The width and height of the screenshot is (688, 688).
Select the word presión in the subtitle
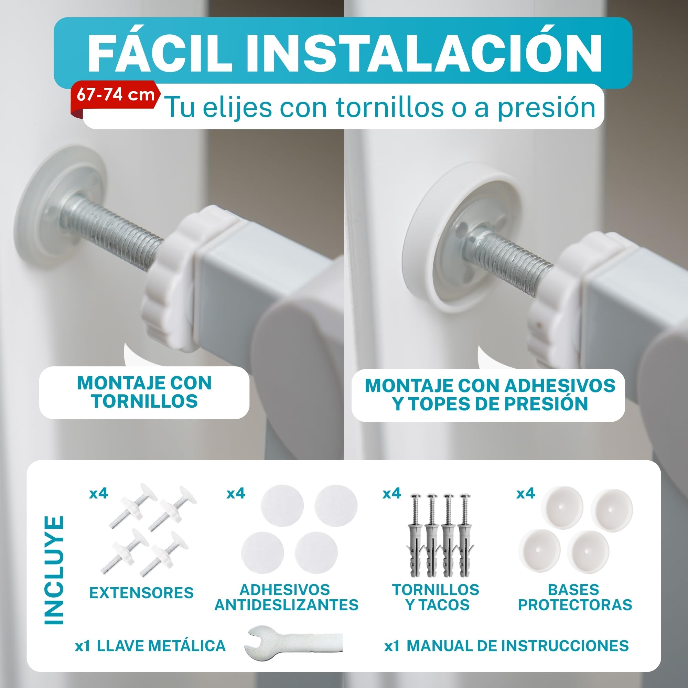pos(546,108)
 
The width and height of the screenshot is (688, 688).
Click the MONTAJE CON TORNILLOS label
pos(144,392)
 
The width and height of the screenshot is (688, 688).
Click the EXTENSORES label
pos(141,593)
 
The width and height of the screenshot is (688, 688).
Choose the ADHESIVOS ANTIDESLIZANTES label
pos(286,597)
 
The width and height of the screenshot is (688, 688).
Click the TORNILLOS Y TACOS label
pos(436,597)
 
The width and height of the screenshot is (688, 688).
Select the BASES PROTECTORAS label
pos(575,597)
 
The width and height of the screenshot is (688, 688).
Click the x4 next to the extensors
pos(98,493)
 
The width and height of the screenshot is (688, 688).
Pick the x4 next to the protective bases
pos(526,493)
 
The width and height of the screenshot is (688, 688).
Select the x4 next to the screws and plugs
pos(392,493)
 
